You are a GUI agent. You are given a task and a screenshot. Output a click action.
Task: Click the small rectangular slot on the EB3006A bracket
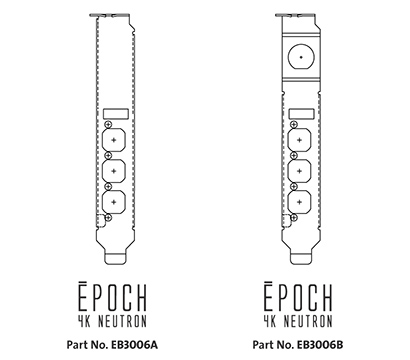point(116,115)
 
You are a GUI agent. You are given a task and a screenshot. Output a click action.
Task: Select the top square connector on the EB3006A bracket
point(115,139)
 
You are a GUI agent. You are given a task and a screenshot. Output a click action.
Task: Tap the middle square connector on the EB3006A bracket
point(115,170)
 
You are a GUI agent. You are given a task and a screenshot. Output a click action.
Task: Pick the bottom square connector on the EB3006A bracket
point(115,201)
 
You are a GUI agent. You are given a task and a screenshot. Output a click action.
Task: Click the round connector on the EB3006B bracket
point(299,58)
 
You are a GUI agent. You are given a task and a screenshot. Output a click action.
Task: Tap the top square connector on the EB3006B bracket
point(298,139)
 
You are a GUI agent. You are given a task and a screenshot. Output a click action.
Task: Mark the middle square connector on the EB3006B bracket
point(298,170)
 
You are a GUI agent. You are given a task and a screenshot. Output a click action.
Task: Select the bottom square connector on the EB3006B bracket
point(298,201)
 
